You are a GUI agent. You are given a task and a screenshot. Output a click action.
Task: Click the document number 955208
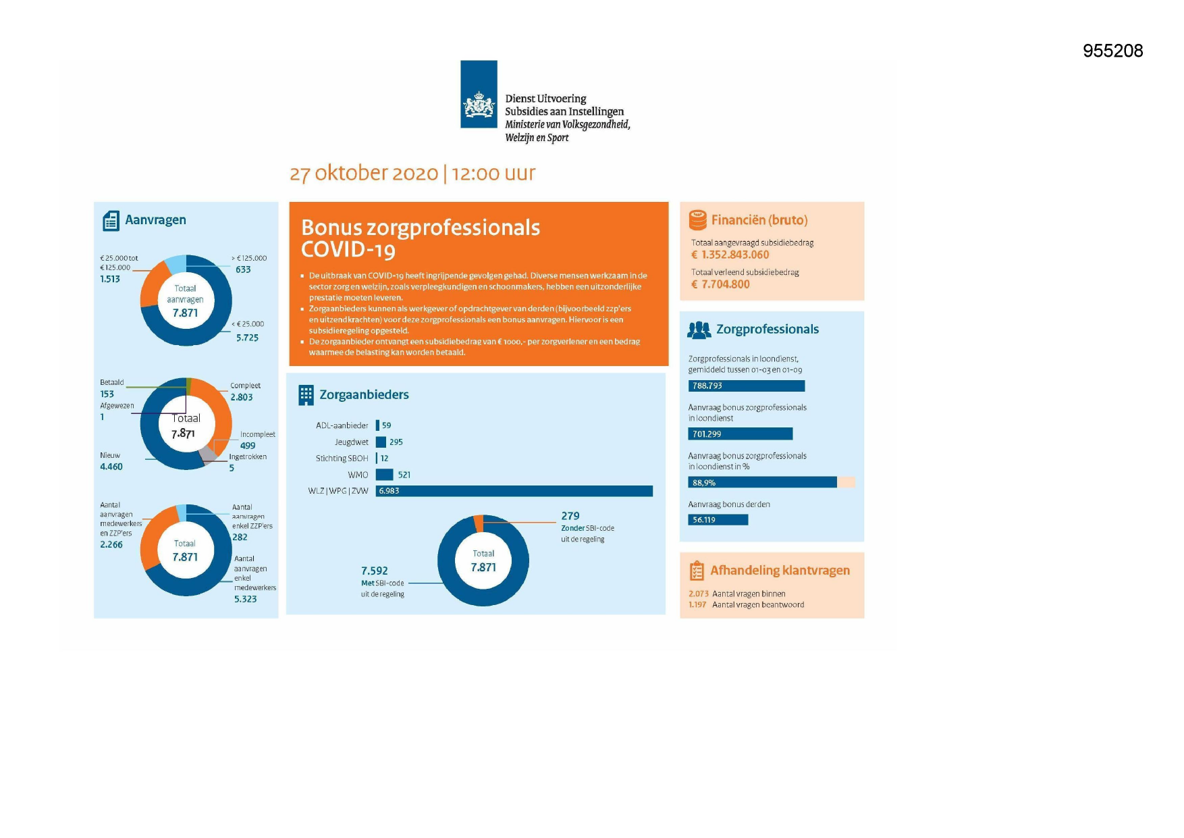pyautogui.click(x=1112, y=51)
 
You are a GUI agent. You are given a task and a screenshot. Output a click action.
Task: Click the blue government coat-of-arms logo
pyautogui.click(x=479, y=94)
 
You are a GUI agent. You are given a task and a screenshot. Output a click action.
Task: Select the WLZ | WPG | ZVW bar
pyautogui.click(x=514, y=491)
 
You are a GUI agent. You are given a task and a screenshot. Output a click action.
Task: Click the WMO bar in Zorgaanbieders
pyautogui.click(x=384, y=475)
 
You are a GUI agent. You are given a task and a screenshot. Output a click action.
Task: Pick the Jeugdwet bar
pyautogui.click(x=381, y=442)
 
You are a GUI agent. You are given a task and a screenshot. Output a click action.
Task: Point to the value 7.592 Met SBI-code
pyautogui.click(x=375, y=571)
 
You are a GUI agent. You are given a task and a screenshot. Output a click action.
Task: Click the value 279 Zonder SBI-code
pyautogui.click(x=570, y=516)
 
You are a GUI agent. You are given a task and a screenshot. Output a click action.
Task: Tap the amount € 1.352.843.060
pyautogui.click(x=730, y=255)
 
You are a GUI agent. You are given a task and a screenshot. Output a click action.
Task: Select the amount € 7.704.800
pyautogui.click(x=720, y=284)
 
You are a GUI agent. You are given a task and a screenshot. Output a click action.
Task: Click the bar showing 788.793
pyautogui.click(x=747, y=386)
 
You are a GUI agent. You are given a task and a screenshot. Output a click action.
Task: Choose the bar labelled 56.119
pyautogui.click(x=718, y=520)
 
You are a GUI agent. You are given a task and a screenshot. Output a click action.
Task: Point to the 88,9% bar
pyautogui.click(x=763, y=482)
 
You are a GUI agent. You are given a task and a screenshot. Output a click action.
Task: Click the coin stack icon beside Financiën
pyautogui.click(x=697, y=220)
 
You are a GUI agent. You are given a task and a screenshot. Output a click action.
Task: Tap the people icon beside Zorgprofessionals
pyautogui.click(x=699, y=330)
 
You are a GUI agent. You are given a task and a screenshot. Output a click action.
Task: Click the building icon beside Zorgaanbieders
pyautogui.click(x=306, y=395)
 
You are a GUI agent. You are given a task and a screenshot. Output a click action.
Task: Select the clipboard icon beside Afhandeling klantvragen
pyautogui.click(x=697, y=571)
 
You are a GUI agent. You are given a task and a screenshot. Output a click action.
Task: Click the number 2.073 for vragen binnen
pyautogui.click(x=699, y=594)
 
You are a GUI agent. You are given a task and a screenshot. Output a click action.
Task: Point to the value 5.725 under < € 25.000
pyautogui.click(x=247, y=338)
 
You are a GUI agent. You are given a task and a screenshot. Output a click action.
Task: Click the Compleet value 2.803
pyautogui.click(x=242, y=397)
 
